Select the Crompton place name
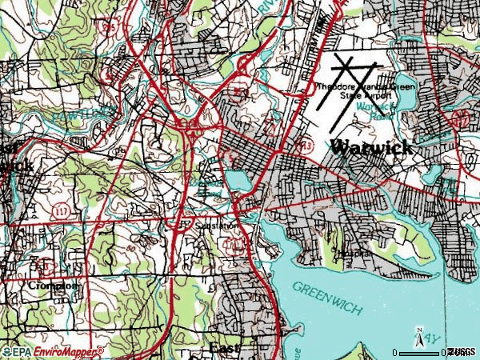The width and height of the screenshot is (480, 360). pos(54,286)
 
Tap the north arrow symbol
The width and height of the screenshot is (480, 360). pos(419,334)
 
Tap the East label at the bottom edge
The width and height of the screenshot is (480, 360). pos(226,350)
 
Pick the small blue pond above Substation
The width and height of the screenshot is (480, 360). pos(238,180)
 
